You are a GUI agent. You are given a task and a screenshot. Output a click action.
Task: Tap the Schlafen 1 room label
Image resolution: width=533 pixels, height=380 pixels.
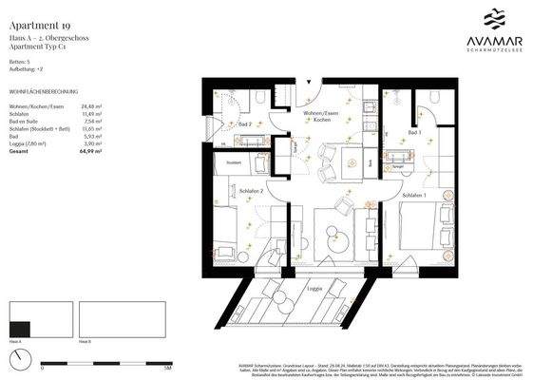pos(413,195)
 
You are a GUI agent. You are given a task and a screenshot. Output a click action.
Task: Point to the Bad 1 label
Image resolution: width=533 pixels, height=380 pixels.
pos(414,132)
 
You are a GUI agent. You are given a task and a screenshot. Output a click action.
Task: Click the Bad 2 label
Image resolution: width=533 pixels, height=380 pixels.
pos(244,124)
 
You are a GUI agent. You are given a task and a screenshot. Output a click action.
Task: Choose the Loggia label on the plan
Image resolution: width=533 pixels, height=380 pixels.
pos(314,287)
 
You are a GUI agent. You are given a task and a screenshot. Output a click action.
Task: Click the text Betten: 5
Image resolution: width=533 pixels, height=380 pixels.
pos(18,61)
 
